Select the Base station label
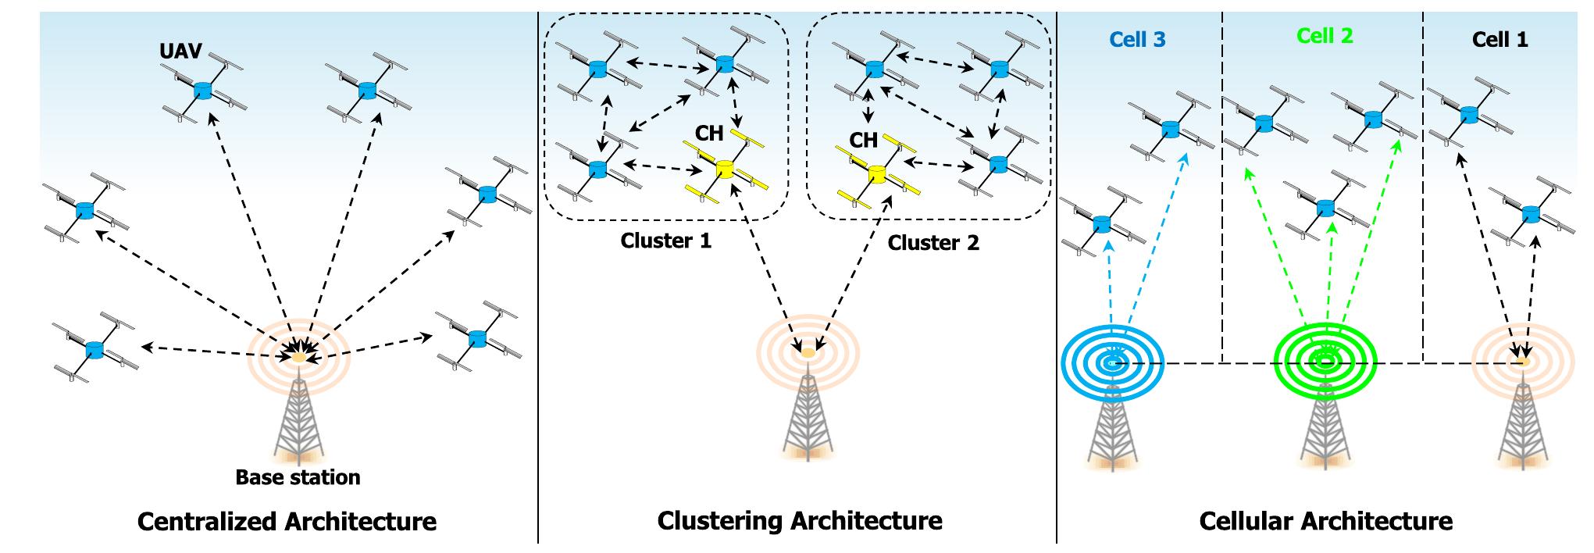[x=298, y=477]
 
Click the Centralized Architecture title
[x=287, y=521]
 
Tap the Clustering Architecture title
[x=799, y=520]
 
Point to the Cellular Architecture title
[x=1325, y=521]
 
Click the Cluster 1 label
[x=665, y=241]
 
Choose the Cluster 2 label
[x=933, y=243]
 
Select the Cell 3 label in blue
[x=1137, y=40]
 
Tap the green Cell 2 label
[x=1325, y=36]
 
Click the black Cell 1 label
[x=1500, y=40]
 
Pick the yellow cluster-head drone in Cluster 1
[x=725, y=169]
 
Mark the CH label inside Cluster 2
[x=863, y=141]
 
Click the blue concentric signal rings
[x=1112, y=363]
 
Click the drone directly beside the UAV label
[x=203, y=91]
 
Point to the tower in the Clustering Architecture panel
[x=808, y=418]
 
